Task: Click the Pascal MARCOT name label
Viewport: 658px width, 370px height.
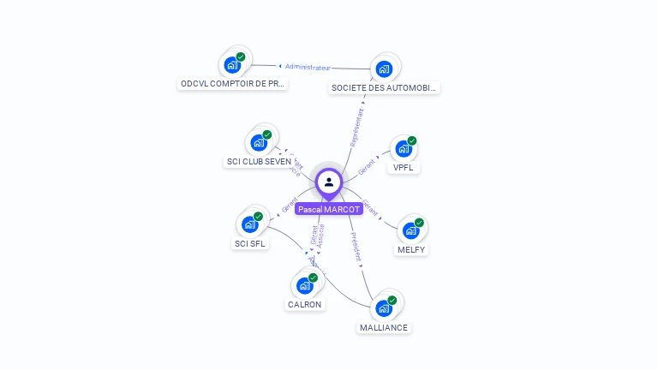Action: click(328, 209)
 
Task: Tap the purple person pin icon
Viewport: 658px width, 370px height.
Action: click(329, 182)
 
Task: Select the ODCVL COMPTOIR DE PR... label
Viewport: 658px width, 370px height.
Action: click(233, 84)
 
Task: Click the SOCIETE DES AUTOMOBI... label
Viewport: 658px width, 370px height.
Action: click(385, 87)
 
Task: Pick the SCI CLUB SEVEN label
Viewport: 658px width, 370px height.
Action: click(258, 161)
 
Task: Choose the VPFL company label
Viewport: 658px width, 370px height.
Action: click(403, 168)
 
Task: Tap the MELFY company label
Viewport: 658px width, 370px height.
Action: click(411, 250)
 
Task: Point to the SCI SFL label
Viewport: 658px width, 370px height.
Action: click(250, 243)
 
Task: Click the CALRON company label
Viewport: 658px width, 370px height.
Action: click(305, 304)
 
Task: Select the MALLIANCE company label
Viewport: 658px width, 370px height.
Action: click(384, 327)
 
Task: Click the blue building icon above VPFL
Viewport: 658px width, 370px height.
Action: click(403, 149)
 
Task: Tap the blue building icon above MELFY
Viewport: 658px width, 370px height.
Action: click(411, 230)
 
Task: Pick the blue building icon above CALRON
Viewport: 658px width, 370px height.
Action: click(305, 285)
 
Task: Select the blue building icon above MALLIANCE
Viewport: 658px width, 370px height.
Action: click(384, 307)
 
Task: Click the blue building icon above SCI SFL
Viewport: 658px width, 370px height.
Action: click(250, 224)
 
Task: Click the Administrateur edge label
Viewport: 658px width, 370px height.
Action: click(308, 66)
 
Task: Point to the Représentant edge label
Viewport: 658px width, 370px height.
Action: click(357, 128)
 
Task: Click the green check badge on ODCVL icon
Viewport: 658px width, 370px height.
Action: click(241, 57)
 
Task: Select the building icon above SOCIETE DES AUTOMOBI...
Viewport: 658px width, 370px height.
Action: click(384, 69)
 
